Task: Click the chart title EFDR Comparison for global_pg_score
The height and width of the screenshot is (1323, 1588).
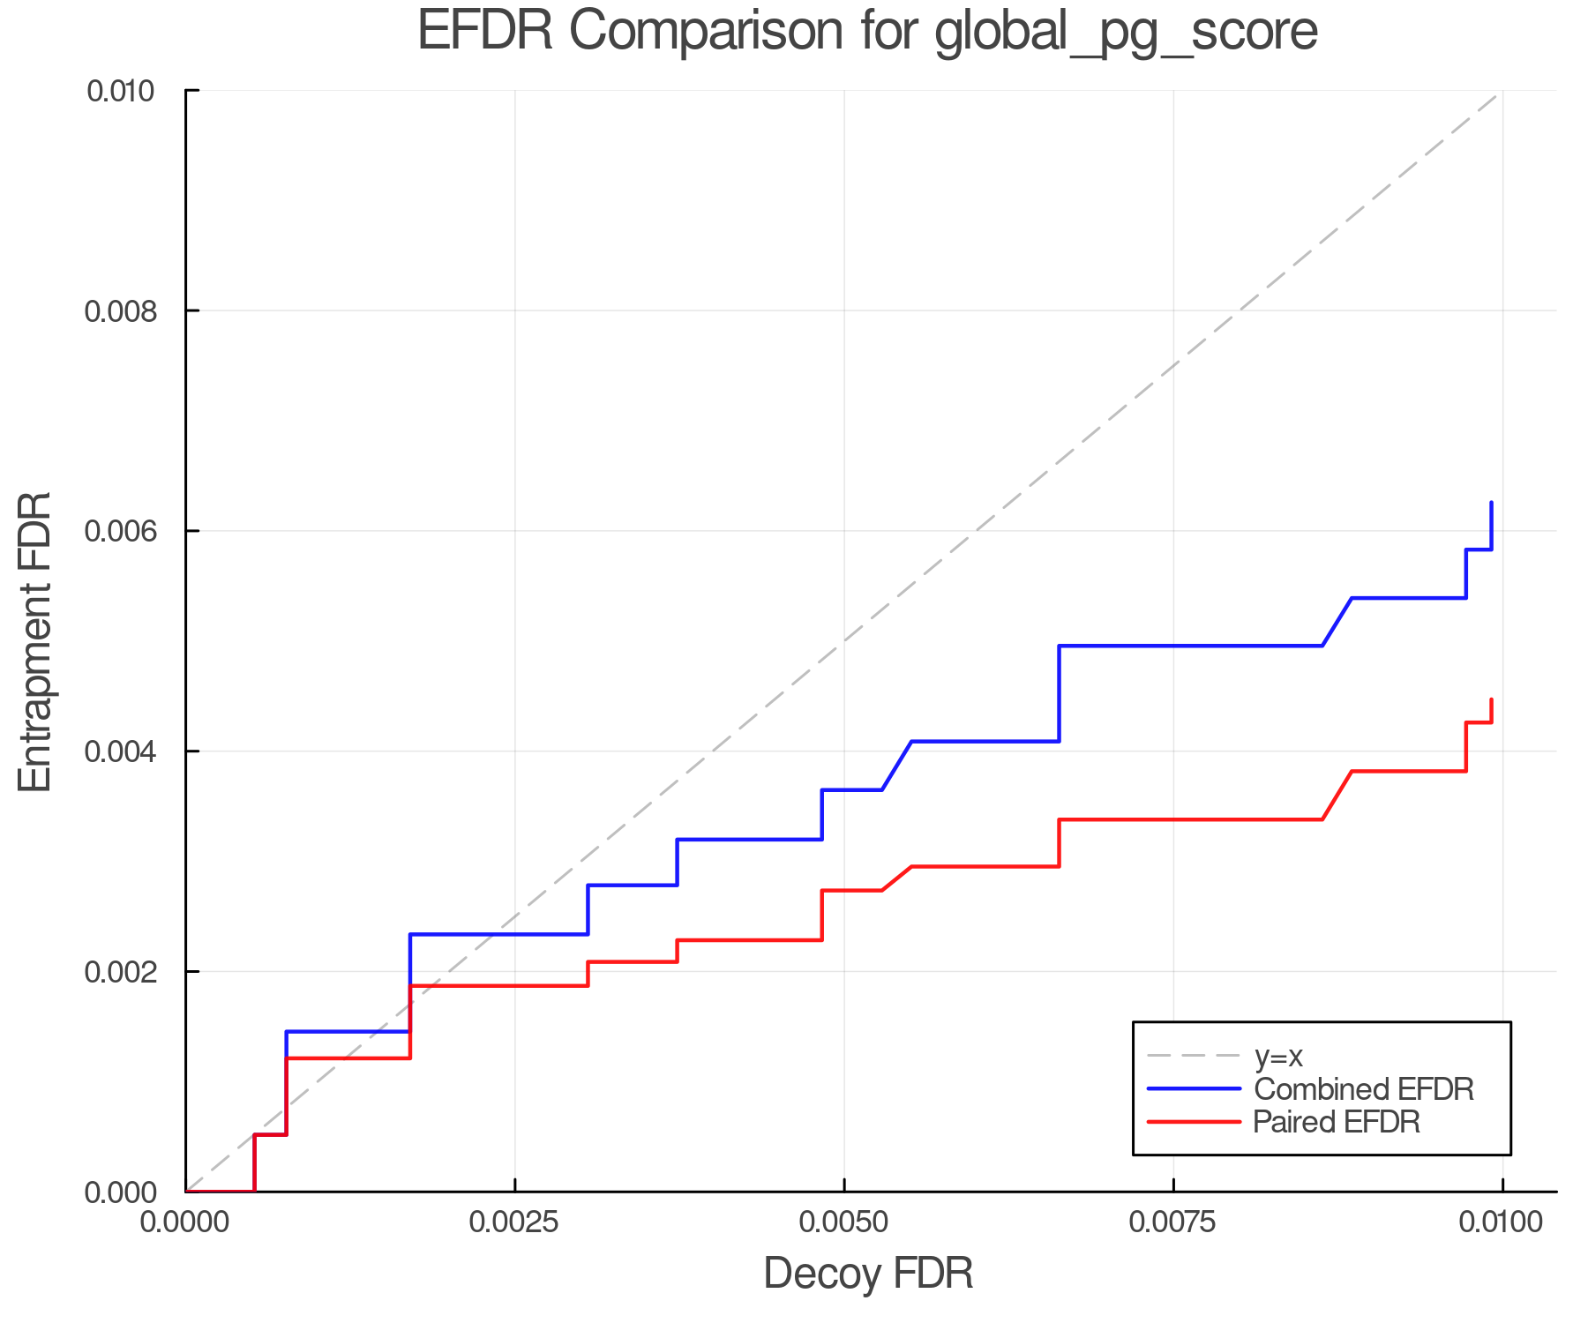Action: [x=867, y=31]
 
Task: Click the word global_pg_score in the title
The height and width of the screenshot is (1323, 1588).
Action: [x=1126, y=33]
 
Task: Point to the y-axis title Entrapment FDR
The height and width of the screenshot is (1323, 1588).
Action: [x=36, y=641]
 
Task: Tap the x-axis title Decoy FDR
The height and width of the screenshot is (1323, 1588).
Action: [x=867, y=1273]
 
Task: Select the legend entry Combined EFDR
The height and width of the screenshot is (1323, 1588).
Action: [x=1363, y=1088]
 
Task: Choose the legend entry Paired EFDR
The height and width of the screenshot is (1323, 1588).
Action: [x=1336, y=1122]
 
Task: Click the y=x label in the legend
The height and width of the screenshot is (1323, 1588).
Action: [x=1278, y=1056]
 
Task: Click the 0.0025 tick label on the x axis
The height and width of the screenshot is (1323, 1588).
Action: [x=514, y=1222]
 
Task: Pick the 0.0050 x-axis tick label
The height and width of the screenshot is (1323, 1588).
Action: [x=844, y=1222]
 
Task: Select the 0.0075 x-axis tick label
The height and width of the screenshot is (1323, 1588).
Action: [x=1173, y=1222]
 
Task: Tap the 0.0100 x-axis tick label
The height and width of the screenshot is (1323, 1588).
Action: [x=1502, y=1222]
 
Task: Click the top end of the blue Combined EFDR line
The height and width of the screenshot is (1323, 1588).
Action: [x=1491, y=504]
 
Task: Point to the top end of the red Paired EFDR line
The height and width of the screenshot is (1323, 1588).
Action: [x=1491, y=700]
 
